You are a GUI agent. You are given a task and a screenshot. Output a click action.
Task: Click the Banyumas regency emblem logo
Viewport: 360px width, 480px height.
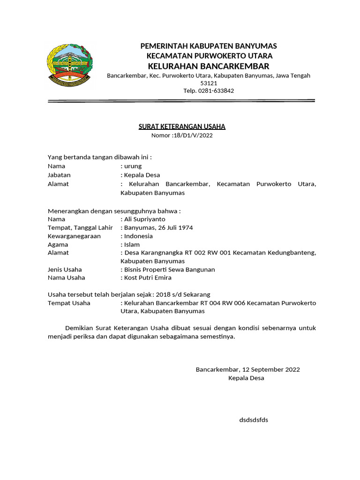(x=69, y=65)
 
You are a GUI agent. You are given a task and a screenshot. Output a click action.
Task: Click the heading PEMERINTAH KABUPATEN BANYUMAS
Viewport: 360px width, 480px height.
(x=209, y=46)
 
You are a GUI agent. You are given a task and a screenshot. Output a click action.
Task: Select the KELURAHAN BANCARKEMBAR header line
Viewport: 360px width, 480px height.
(x=209, y=66)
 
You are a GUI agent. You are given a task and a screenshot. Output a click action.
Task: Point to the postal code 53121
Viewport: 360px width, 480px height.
(x=209, y=83)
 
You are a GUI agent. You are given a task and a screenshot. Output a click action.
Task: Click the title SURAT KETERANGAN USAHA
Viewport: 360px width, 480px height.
(x=182, y=127)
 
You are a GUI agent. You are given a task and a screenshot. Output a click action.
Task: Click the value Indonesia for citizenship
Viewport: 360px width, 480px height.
(x=138, y=236)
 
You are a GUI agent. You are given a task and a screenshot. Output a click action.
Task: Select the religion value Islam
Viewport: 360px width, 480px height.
(x=132, y=244)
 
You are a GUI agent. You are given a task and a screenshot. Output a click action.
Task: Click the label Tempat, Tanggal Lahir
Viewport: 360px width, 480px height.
(x=80, y=227)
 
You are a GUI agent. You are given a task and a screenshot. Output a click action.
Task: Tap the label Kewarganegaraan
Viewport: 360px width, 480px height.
(x=74, y=236)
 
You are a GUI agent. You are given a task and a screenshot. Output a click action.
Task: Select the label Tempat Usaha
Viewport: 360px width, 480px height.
(x=69, y=303)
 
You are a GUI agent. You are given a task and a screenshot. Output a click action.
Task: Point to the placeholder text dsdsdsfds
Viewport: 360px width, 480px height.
(x=254, y=420)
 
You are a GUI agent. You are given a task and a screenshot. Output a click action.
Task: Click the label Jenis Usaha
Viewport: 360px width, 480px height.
(x=65, y=270)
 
